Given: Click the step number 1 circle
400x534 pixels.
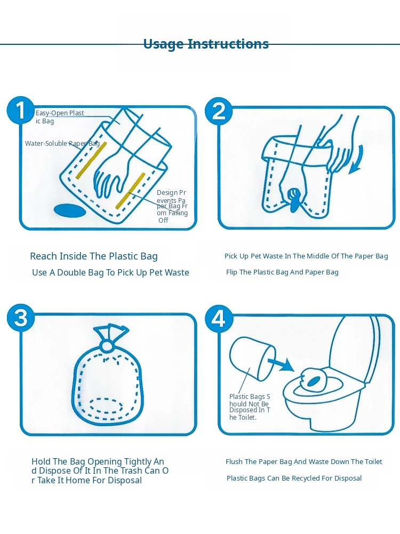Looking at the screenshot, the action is click(x=20, y=111).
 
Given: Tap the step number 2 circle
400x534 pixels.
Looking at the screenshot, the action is click(x=219, y=111).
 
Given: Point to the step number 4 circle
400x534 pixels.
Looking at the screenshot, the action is click(x=219, y=319).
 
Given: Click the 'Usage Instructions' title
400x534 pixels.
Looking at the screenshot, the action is click(x=206, y=44).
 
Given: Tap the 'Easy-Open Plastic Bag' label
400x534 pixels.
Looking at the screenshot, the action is click(x=60, y=117).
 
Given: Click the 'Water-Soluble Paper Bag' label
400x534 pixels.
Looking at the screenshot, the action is click(x=62, y=143).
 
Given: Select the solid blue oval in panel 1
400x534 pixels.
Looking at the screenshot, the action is click(x=70, y=210).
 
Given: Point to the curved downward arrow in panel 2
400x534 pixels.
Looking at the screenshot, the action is click(x=358, y=160).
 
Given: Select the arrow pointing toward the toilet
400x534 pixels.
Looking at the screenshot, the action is click(x=281, y=364).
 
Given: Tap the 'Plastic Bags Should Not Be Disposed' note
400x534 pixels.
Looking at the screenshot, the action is click(x=250, y=407).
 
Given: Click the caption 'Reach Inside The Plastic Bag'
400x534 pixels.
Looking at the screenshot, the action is click(x=94, y=256).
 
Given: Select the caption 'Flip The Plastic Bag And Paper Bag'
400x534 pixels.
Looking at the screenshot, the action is click(x=282, y=272).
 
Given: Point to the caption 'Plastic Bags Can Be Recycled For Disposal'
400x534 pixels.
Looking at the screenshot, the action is click(x=294, y=478).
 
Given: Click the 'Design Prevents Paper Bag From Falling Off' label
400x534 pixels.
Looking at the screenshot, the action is click(x=172, y=206).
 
